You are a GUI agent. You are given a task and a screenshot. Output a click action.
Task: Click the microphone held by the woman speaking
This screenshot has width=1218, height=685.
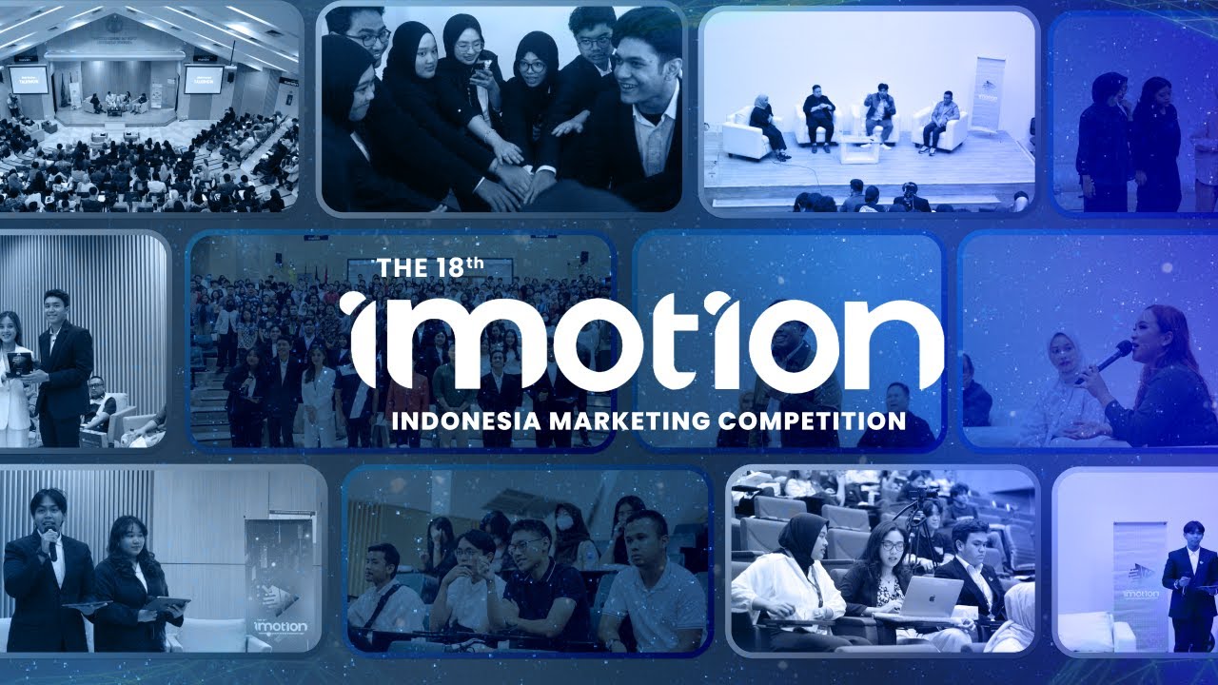[x=1111, y=356]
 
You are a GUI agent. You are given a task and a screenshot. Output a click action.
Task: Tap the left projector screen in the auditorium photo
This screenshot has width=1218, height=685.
[x=29, y=80]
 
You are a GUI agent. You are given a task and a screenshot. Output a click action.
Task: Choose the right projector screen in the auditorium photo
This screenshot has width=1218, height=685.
[x=203, y=80]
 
